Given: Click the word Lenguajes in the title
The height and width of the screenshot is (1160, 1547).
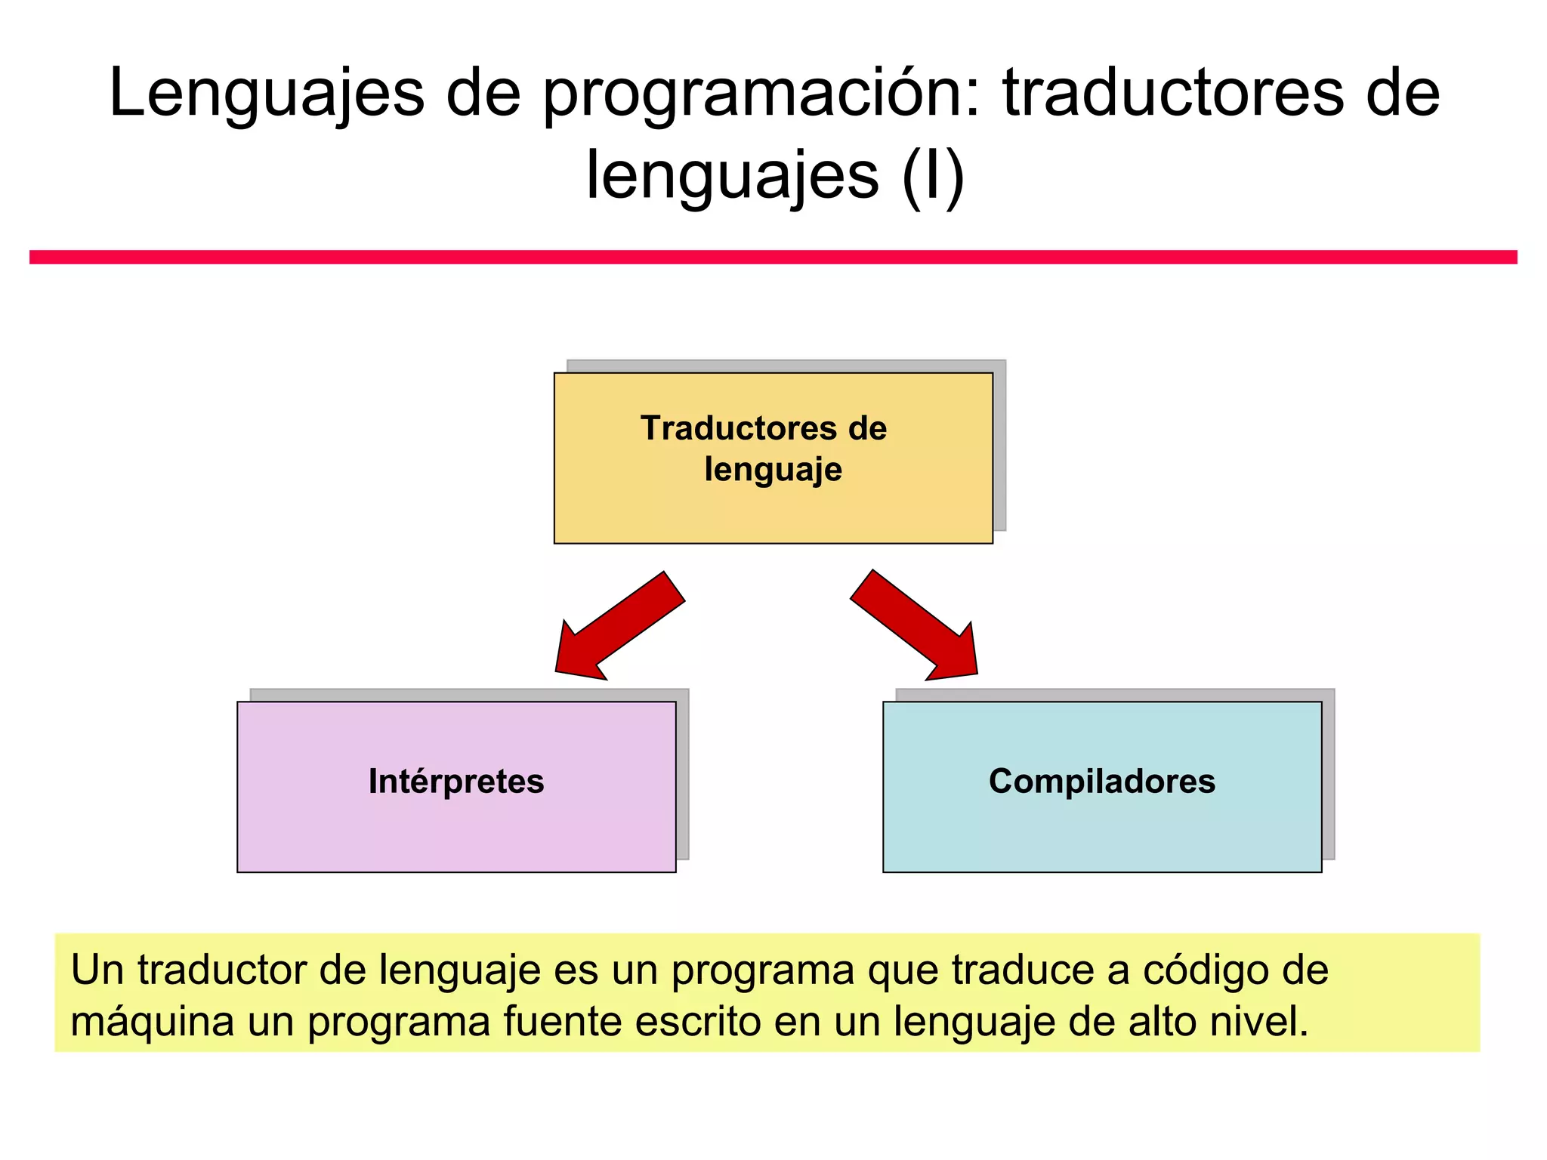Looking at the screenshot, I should pos(267,94).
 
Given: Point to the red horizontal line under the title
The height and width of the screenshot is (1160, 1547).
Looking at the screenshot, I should pos(773,257).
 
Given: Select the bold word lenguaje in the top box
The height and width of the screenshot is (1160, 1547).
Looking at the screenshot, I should pos(773,469).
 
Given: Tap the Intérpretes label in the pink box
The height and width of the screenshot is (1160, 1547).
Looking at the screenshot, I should pos(456,782).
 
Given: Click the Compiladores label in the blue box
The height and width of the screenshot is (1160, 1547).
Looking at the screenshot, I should pos(1102,782).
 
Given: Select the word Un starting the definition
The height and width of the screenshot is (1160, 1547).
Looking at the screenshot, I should pos(97,971).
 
